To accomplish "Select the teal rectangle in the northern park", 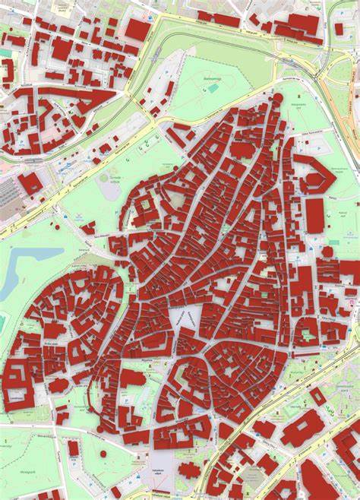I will point(214,89).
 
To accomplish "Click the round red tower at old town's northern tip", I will point(278,98).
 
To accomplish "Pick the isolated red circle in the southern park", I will point(103,454).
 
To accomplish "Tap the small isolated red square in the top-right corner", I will point(339,29).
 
